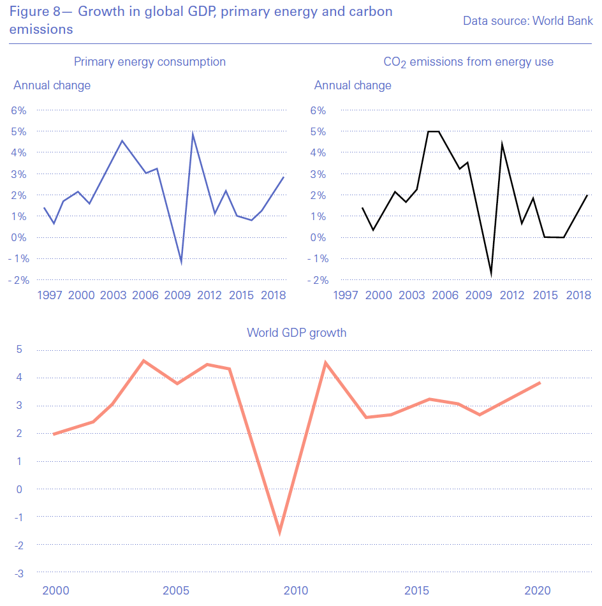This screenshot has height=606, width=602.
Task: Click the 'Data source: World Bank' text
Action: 527,21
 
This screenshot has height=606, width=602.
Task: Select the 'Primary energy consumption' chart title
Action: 150,62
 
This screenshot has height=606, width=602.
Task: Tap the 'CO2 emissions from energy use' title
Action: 468,62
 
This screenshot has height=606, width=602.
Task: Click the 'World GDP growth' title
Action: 297,332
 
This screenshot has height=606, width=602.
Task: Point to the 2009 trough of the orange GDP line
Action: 279,531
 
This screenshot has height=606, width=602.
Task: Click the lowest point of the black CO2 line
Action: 492,274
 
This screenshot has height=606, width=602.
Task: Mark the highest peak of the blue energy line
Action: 193,134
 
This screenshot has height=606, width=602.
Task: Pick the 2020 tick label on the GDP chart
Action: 538,590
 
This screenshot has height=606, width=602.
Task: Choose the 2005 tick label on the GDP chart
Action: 177,590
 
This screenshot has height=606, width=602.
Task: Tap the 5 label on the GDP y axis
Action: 20,349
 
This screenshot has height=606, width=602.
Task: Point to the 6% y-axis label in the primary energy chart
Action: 18,110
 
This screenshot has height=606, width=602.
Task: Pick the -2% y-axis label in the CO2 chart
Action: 318,280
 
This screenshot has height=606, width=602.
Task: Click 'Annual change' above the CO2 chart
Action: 353,85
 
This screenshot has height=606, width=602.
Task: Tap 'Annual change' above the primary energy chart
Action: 52,85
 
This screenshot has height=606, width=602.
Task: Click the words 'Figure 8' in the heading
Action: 36,12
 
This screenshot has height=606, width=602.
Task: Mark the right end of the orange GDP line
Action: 540,383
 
